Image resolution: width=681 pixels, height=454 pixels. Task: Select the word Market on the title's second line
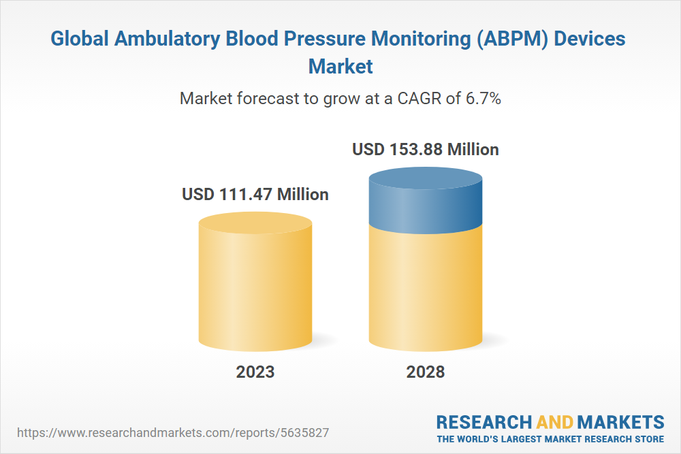(340, 67)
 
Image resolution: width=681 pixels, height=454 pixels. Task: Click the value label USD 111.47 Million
(255, 195)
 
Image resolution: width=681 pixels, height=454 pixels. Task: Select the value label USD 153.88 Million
(426, 149)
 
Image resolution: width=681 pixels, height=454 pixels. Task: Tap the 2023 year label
(255, 372)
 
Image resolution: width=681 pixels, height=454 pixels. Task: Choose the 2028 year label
(426, 372)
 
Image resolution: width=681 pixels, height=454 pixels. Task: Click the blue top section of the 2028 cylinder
(426, 204)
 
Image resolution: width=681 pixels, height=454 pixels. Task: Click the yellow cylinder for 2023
(255, 293)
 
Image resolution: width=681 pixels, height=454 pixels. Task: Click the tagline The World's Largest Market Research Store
(550, 439)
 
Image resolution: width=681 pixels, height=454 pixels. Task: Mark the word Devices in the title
(590, 39)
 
